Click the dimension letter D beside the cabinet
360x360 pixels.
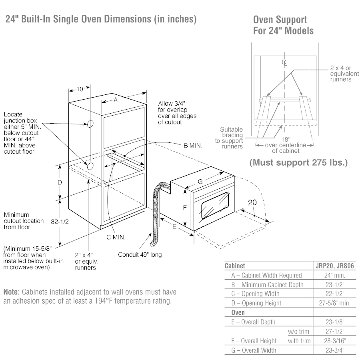[x=60, y=182]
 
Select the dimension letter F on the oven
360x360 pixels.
[x=185, y=208]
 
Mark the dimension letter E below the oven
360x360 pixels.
[x=174, y=227]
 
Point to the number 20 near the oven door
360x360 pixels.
[x=252, y=202]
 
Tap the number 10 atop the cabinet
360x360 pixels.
[x=79, y=89]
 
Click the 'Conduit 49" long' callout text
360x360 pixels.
[x=140, y=254]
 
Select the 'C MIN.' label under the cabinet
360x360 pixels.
[x=116, y=237]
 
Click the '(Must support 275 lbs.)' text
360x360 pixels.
[x=298, y=163]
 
